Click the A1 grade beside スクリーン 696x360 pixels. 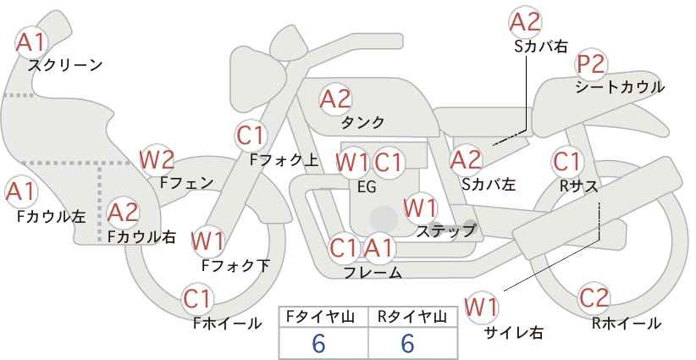point(30,42)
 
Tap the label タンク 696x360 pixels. point(362,123)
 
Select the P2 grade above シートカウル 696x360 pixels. point(590,64)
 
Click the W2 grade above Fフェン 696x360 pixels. point(157,160)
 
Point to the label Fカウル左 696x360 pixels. point(51,216)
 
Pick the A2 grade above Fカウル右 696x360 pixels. point(123,212)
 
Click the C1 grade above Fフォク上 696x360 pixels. point(251,136)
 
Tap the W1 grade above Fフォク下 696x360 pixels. point(207,241)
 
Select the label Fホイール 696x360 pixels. point(227,324)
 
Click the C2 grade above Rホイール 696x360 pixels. point(594,297)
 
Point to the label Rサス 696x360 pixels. point(578,187)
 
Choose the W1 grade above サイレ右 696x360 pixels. point(481,307)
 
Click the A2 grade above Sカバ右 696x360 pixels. point(525,22)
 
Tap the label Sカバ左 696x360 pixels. point(489,184)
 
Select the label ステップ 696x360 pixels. point(445,231)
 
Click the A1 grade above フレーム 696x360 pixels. point(379,248)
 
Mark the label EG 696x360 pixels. point(367,187)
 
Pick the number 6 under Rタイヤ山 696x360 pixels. point(407,343)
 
